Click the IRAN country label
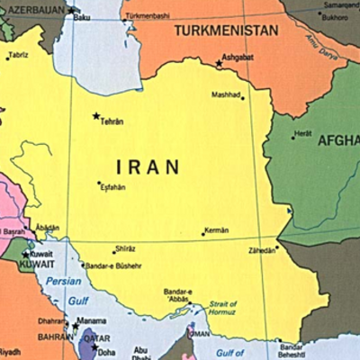pos(148,166)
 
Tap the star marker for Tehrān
pos(96,115)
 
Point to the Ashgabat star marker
pos(219,63)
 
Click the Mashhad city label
pos(224,94)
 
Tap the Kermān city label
pos(217,230)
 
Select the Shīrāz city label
pos(125,249)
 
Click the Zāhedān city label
pos(261,250)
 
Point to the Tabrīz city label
pos(18,56)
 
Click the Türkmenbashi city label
pos(146,17)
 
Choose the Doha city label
pos(106,352)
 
